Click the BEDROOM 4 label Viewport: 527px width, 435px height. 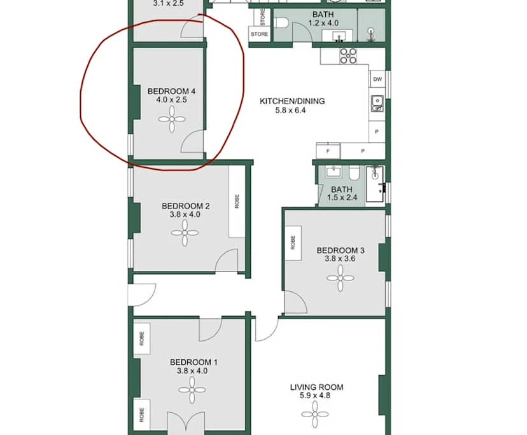click(x=171, y=91)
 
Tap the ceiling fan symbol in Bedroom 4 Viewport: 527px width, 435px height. click(x=172, y=119)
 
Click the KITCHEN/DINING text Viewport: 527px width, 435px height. click(x=292, y=101)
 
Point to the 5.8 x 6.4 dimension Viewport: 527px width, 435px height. click(x=292, y=111)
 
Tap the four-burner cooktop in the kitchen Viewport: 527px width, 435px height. click(x=348, y=56)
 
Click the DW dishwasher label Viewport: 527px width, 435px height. click(x=377, y=79)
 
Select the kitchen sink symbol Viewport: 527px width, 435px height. click(x=377, y=103)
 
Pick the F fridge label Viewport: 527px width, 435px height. click(x=328, y=151)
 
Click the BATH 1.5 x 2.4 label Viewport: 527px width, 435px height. click(x=342, y=193)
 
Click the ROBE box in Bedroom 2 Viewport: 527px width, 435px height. click(x=237, y=202)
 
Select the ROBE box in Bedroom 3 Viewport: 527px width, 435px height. click(x=293, y=243)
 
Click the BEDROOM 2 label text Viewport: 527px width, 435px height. click(x=185, y=205)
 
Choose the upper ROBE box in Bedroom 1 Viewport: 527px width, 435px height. click(x=141, y=336)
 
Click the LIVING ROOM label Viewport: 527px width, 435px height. click(x=316, y=387)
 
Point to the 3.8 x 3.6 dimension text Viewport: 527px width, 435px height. click(x=340, y=259)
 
